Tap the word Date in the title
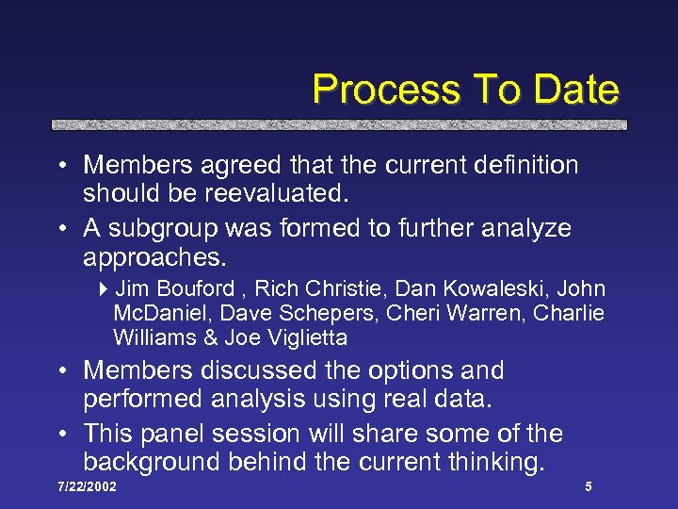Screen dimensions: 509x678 pyautogui.click(x=575, y=90)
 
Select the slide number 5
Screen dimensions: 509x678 pyautogui.click(x=588, y=487)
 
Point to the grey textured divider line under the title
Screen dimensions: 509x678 pyautogui.click(x=338, y=123)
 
